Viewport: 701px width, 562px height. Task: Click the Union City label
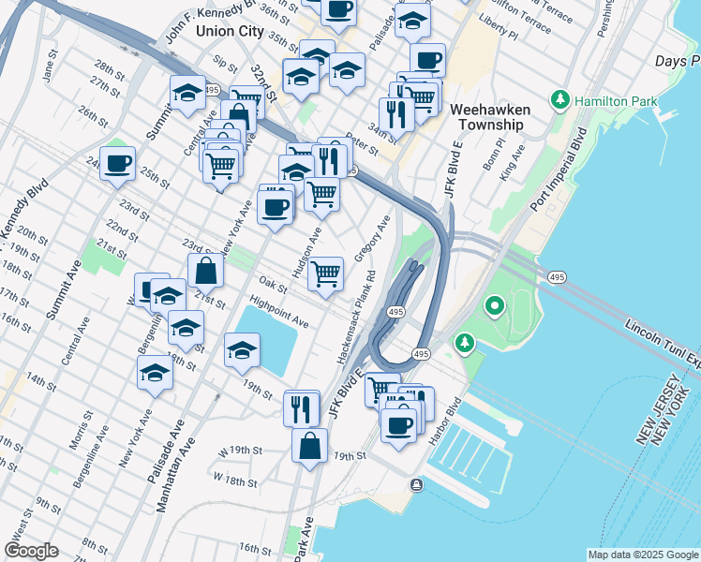tap(230, 31)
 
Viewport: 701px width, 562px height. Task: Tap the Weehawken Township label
tap(490, 117)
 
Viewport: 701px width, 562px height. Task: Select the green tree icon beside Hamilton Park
tap(561, 98)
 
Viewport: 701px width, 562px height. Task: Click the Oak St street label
tap(272, 282)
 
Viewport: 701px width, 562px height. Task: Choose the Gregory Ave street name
tap(372, 240)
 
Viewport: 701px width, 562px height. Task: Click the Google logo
tap(31, 551)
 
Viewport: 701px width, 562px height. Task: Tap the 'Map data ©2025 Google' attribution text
tap(643, 555)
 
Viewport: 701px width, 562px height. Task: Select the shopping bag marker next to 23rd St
tap(206, 272)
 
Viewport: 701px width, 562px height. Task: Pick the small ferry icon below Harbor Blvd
tap(416, 484)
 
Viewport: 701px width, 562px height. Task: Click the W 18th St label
tap(234, 480)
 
